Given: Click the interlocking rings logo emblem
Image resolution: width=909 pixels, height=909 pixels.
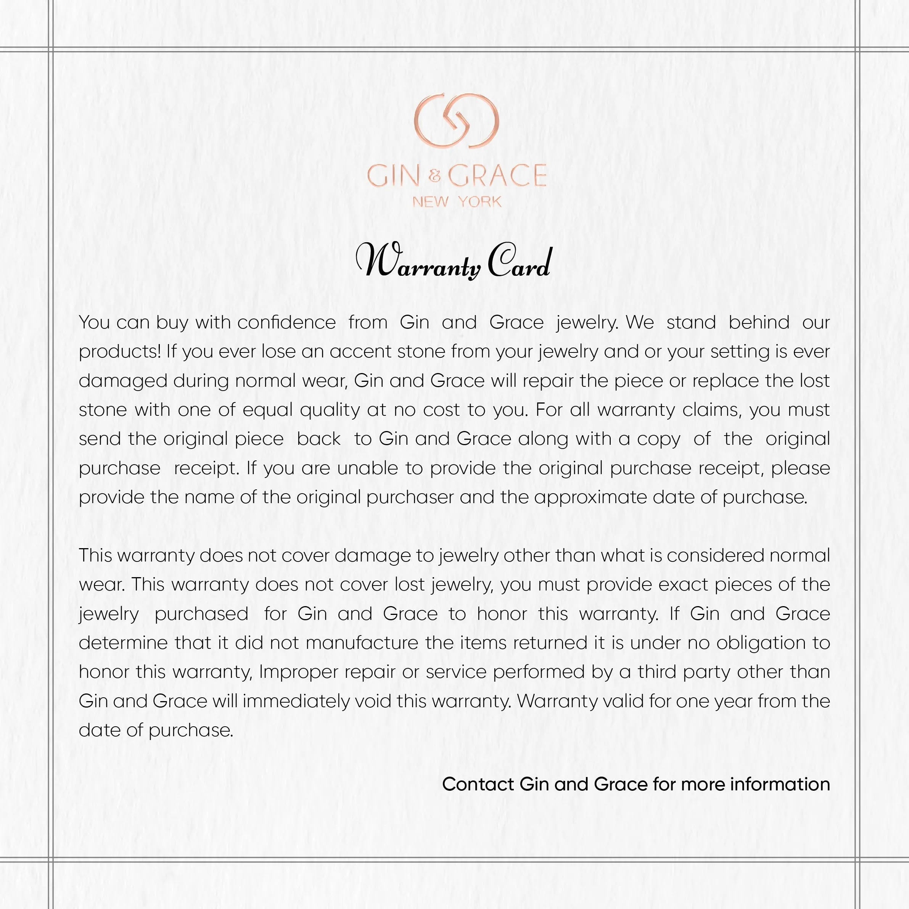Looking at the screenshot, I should tap(456, 121).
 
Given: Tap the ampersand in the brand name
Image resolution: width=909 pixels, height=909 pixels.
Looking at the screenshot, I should tap(435, 177).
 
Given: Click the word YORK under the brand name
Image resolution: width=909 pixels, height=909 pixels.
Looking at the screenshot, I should tap(479, 202).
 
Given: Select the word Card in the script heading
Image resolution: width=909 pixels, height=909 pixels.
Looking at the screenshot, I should tap(519, 262).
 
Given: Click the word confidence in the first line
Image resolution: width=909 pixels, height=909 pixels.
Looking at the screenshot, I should tap(286, 323).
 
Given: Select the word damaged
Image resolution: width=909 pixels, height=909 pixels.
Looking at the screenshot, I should tap(123, 381).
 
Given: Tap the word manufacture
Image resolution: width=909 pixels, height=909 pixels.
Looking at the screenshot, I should tap(362, 643).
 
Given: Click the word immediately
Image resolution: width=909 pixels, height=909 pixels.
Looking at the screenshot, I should tap(296, 701).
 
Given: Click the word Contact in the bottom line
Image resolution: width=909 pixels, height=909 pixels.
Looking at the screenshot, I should tap(478, 784).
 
